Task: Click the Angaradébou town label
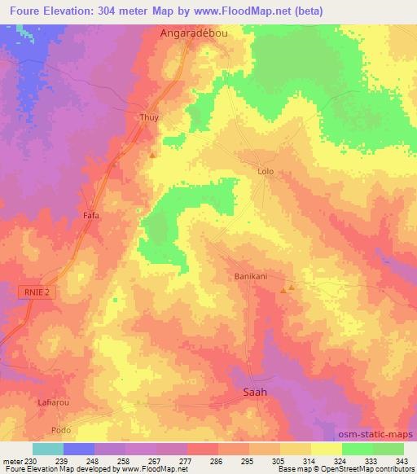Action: coord(190,34)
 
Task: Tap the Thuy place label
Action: coord(148,117)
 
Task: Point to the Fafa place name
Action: coord(91,215)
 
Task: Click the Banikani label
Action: coord(252,277)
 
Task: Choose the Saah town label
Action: coord(255,391)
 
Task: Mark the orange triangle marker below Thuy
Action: coord(152,154)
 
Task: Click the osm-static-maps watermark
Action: coord(377,434)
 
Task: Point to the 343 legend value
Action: coord(402,461)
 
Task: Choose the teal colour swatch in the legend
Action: coord(47,449)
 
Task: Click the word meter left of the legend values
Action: coord(12,461)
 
